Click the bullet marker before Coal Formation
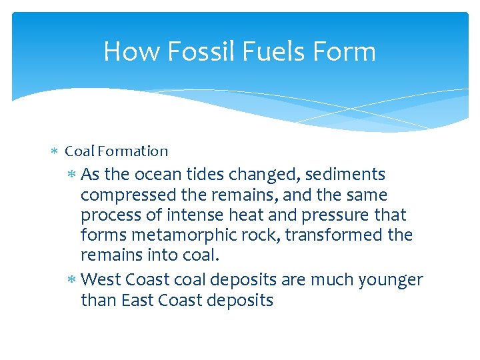55,152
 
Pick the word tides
205,175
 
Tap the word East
137,301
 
